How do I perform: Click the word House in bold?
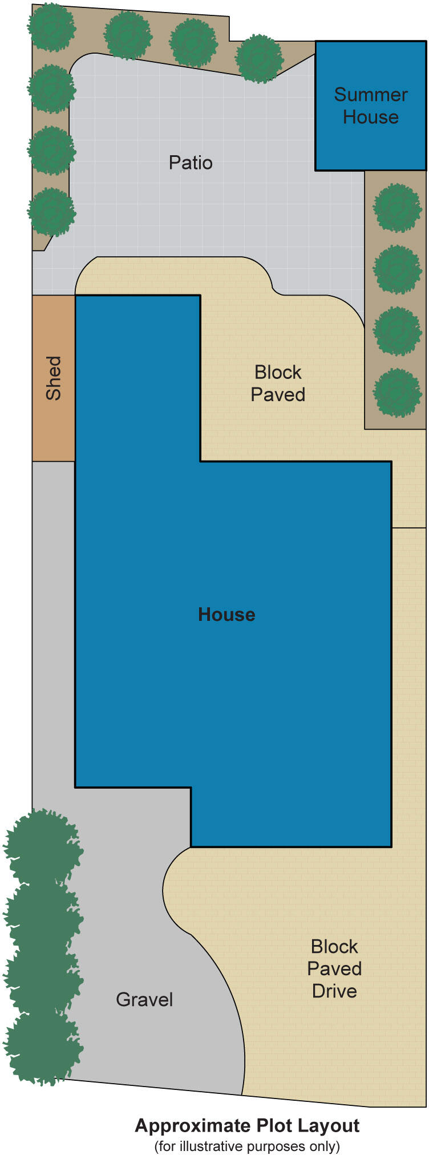pyautogui.click(x=226, y=615)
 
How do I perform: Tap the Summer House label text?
pyautogui.click(x=371, y=106)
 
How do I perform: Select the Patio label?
pyautogui.click(x=191, y=163)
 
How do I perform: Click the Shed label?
pyautogui.click(x=53, y=378)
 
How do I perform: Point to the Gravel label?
pyautogui.click(x=144, y=999)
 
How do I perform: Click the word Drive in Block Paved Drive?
pyautogui.click(x=334, y=991)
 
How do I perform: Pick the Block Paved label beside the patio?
pyautogui.click(x=278, y=383)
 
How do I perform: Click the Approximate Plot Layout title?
pyautogui.click(x=247, y=1125)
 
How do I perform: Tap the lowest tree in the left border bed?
pyautogui.click(x=51, y=212)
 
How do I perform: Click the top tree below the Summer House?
pyautogui.click(x=397, y=207)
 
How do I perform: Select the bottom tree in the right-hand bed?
pyautogui.click(x=397, y=393)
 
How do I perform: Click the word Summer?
pyautogui.click(x=371, y=95)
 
